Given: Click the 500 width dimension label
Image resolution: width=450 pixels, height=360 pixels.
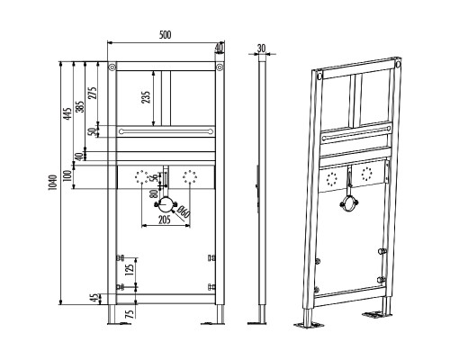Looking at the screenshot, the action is [x=165, y=35].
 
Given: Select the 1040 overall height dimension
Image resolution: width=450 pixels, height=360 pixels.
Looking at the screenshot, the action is [x=52, y=183].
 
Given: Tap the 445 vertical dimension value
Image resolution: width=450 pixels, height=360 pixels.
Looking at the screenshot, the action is [x=67, y=114].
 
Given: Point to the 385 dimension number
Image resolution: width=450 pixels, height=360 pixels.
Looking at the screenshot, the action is [x=80, y=106].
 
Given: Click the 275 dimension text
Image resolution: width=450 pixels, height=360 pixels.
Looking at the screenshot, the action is [x=93, y=93].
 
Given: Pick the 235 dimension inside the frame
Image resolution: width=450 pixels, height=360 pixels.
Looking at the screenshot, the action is [x=146, y=97].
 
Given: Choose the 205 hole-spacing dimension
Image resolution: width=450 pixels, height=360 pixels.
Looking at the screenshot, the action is [x=164, y=220].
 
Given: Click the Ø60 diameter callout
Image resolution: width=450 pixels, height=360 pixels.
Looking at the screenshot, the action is [x=184, y=212].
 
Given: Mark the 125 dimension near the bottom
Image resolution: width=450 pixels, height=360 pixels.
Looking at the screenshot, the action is [x=130, y=270].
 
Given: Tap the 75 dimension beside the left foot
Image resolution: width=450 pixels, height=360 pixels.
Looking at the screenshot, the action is [x=130, y=314].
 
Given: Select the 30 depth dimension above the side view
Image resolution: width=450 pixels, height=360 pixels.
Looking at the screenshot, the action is [x=262, y=48].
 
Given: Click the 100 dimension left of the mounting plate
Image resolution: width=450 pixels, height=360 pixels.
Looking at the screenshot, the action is [x=67, y=175].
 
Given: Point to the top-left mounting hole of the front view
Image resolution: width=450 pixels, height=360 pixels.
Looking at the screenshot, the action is [x=112, y=67].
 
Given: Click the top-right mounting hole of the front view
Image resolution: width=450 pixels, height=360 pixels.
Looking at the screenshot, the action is [x=220, y=67].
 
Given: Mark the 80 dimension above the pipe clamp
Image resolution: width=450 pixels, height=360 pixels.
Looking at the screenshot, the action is [x=154, y=193].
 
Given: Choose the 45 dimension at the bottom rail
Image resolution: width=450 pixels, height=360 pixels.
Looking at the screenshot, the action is [x=95, y=298].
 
